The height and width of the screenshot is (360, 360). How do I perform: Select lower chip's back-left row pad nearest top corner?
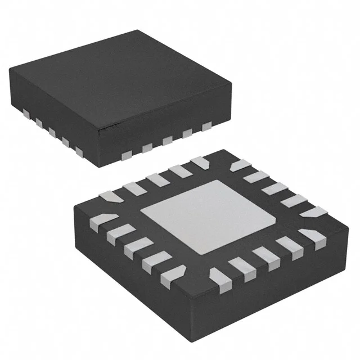(200, 163)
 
